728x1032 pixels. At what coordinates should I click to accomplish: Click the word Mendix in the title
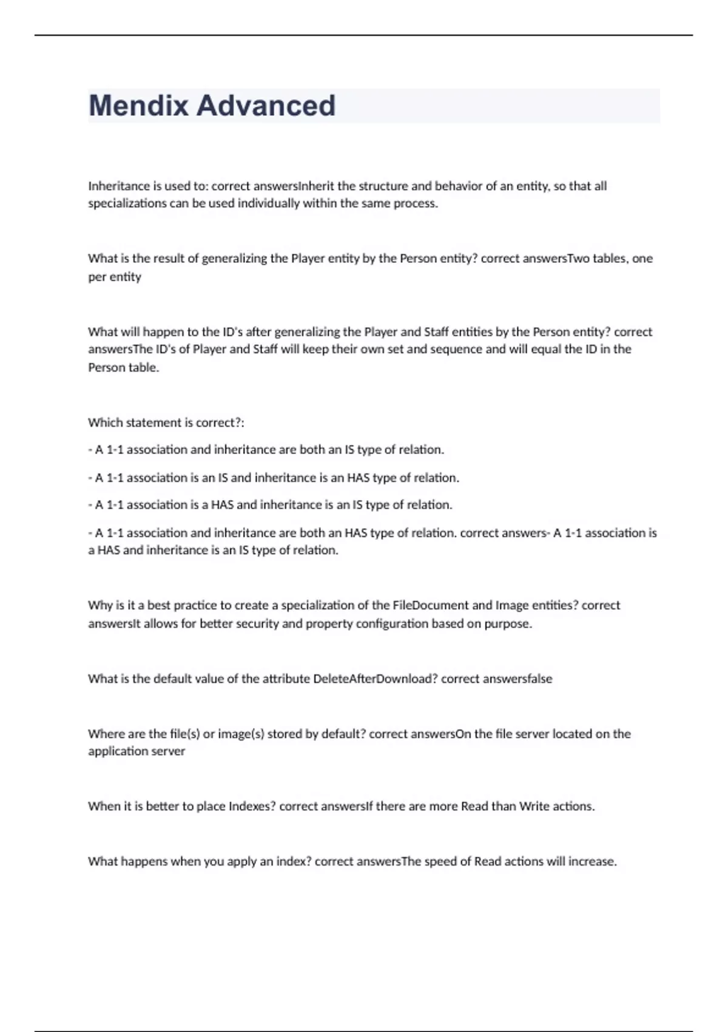tap(139, 106)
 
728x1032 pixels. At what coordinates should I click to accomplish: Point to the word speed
tap(447, 861)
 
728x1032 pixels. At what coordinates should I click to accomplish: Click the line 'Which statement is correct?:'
tap(166, 423)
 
